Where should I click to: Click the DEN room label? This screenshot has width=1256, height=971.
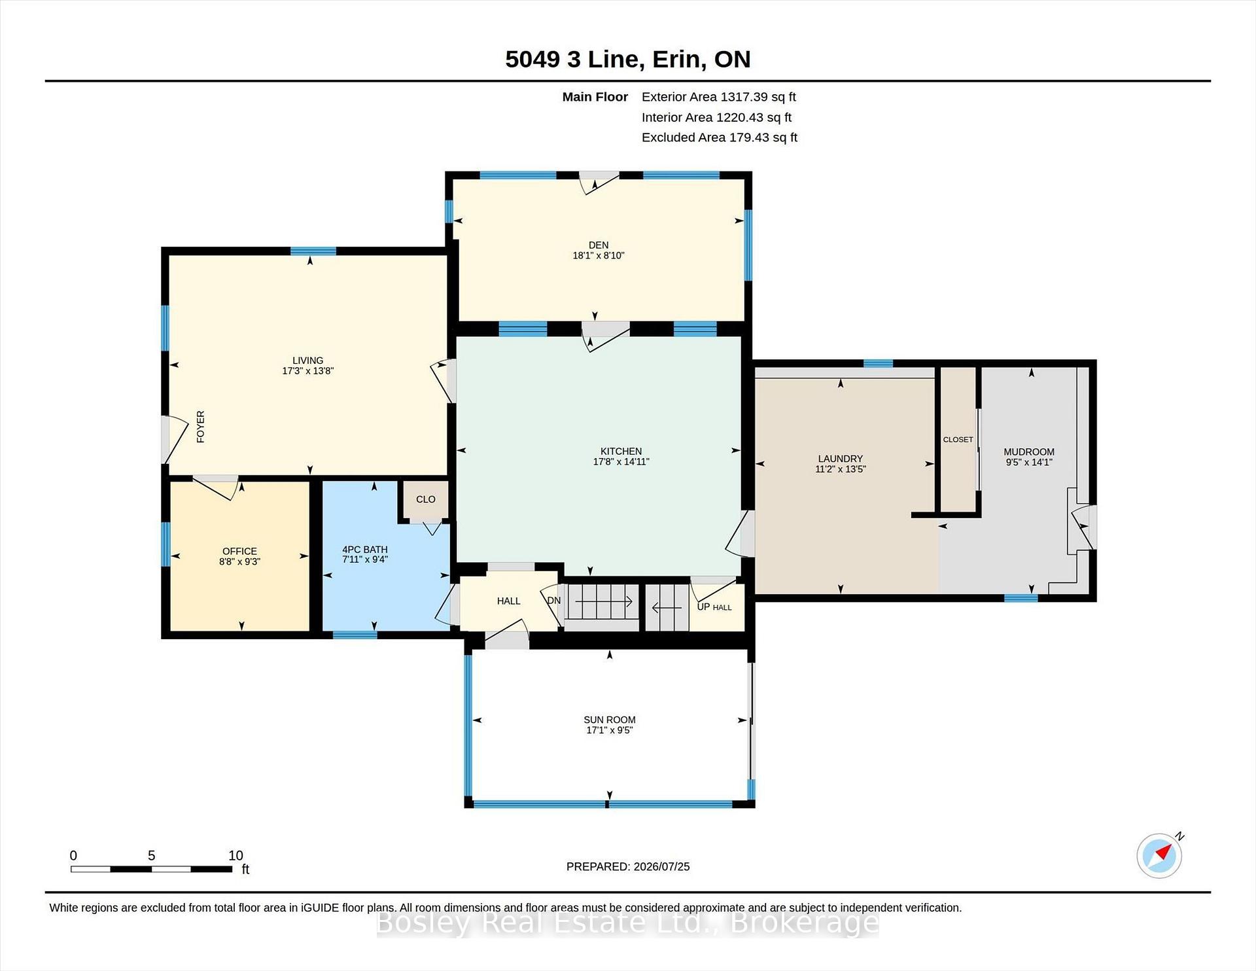coord(599,245)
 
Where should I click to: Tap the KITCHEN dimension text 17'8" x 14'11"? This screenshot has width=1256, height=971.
coord(621,462)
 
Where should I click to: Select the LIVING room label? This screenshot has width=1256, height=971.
coord(307,361)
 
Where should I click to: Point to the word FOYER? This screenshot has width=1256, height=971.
coord(201,427)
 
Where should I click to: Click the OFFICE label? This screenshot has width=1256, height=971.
coord(239,551)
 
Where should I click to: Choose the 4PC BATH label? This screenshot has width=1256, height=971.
coord(365,550)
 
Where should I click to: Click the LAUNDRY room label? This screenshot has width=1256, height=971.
coord(840,459)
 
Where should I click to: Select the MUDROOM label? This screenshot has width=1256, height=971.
coord(1029,451)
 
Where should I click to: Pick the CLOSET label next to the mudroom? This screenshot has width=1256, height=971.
coord(958,440)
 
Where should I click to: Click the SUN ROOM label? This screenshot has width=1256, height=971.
coord(610,720)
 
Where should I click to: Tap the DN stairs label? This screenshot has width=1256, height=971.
coord(554,601)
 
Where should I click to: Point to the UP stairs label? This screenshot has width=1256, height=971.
coord(703,607)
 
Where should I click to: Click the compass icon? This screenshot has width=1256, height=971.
coord(1160,855)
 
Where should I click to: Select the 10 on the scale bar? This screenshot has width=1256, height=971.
coord(235,855)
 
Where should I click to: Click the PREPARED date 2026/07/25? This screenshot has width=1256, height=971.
coord(661,866)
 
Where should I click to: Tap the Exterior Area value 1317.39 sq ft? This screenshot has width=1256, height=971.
coord(758,97)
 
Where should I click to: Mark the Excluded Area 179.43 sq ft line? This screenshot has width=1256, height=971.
coord(720,137)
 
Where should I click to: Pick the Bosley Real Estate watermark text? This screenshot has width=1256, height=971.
coord(628,923)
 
